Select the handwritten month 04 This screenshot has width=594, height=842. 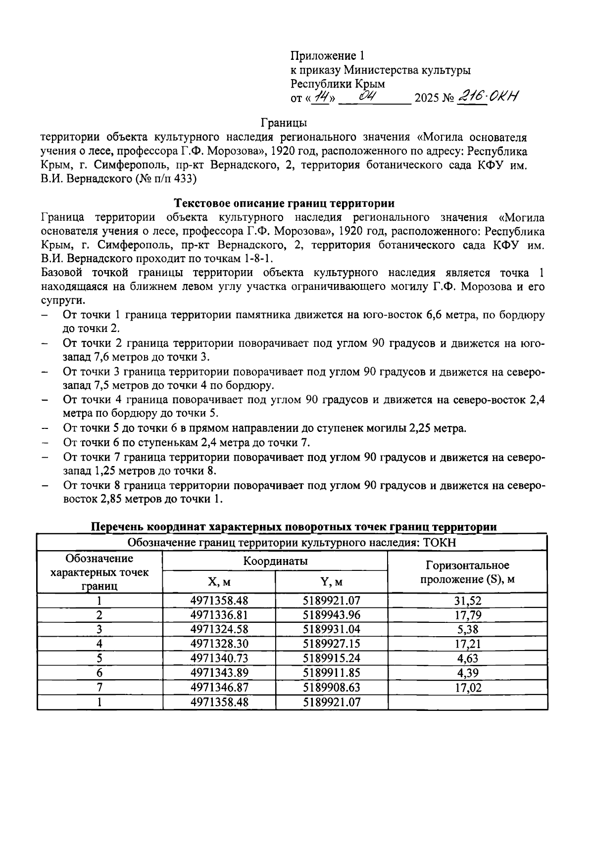(370, 95)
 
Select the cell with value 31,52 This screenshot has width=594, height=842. (467, 601)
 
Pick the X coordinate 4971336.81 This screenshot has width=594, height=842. (219, 615)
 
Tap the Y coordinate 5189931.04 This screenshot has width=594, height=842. (331, 630)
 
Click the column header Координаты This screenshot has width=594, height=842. (275, 561)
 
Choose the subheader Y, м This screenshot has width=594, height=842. (331, 582)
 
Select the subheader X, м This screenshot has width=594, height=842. (219, 582)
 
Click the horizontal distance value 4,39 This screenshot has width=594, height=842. (467, 673)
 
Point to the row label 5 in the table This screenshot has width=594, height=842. (99, 658)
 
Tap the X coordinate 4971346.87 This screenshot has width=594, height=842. (219, 687)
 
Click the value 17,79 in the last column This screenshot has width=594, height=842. (467, 615)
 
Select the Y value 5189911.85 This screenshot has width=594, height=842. (331, 673)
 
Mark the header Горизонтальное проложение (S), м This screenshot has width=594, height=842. (467, 572)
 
